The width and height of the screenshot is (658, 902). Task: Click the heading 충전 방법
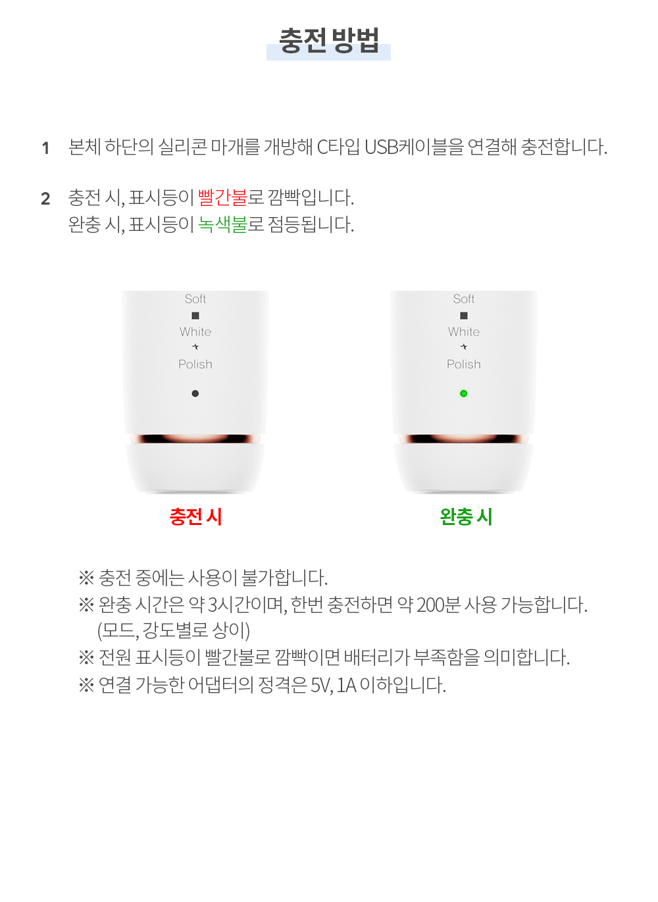point(329,40)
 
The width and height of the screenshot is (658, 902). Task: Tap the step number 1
point(45,148)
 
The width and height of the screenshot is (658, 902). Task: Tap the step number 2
point(45,199)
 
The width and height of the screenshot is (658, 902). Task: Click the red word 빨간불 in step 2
point(222,197)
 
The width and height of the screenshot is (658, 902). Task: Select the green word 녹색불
point(222,224)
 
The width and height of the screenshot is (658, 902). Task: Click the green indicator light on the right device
point(463,393)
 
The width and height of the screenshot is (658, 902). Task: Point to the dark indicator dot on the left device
point(195,393)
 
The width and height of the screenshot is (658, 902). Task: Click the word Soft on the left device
point(195,299)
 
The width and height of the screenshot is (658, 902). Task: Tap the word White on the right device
point(463,332)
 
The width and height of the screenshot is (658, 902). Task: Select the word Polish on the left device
point(195,364)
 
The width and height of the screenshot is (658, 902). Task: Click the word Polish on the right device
point(463,364)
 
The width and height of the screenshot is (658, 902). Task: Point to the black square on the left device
point(195,315)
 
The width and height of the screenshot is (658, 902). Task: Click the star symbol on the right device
point(463,347)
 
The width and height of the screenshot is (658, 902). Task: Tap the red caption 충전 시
point(195,516)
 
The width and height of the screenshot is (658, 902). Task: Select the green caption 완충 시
point(466,516)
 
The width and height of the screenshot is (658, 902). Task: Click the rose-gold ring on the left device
point(195,439)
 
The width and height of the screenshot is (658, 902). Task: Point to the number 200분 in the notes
point(438,605)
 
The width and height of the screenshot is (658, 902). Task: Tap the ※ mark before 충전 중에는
point(86,578)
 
